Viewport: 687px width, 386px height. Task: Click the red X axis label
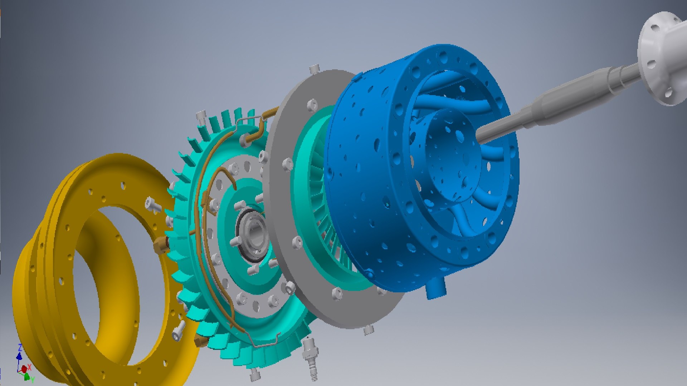pos(29,367)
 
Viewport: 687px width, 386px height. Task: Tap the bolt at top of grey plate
pos(315,69)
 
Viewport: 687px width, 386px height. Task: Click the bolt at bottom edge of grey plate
pos(369,329)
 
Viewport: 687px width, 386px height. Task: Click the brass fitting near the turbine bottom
pos(200,341)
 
